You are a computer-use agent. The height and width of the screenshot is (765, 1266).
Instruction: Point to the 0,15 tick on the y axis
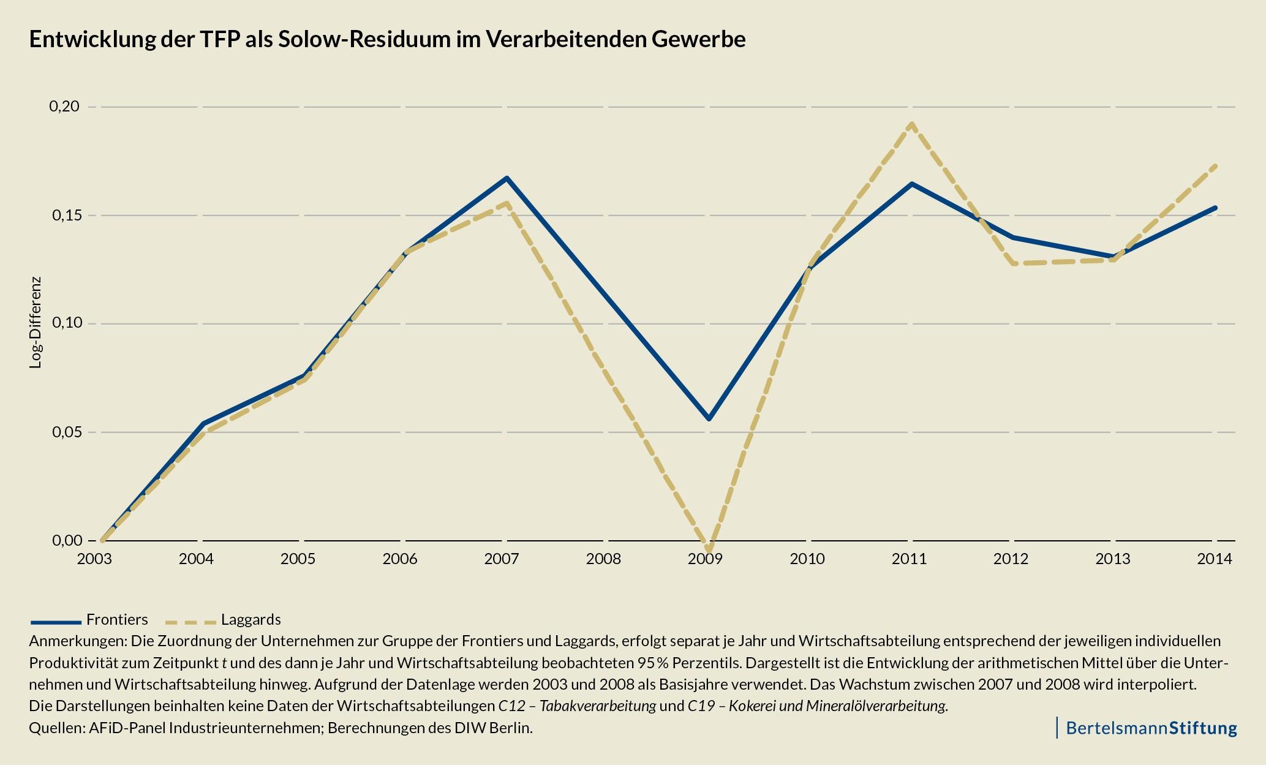click(64, 216)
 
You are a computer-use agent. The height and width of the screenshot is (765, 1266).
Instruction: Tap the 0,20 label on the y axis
click(64, 107)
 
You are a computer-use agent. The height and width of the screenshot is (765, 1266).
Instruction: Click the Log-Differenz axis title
click(36, 322)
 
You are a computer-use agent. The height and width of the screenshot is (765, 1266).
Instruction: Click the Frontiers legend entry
click(117, 619)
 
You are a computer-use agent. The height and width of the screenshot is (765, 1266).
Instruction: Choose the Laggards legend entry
click(251, 619)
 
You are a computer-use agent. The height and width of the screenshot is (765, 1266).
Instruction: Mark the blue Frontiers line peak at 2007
click(507, 178)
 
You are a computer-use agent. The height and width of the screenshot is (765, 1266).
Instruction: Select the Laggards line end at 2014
click(1216, 165)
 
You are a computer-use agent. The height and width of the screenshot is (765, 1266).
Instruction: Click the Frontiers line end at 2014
click(1216, 208)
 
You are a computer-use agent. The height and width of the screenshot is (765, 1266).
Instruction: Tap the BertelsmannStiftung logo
click(1151, 728)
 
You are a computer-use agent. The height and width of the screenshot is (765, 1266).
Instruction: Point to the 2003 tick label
click(94, 559)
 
